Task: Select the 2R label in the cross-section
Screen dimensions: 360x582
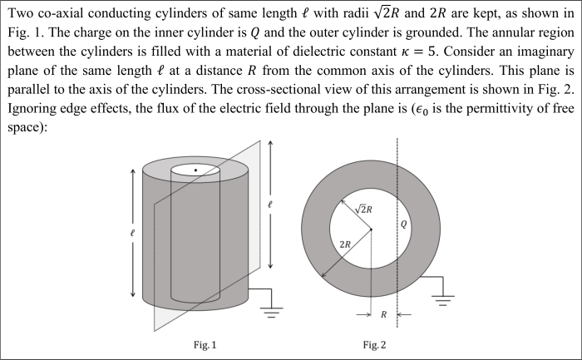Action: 344,244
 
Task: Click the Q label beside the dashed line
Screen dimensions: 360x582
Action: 404,224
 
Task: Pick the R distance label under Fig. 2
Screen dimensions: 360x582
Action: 383,315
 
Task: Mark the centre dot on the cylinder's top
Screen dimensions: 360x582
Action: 195,170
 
